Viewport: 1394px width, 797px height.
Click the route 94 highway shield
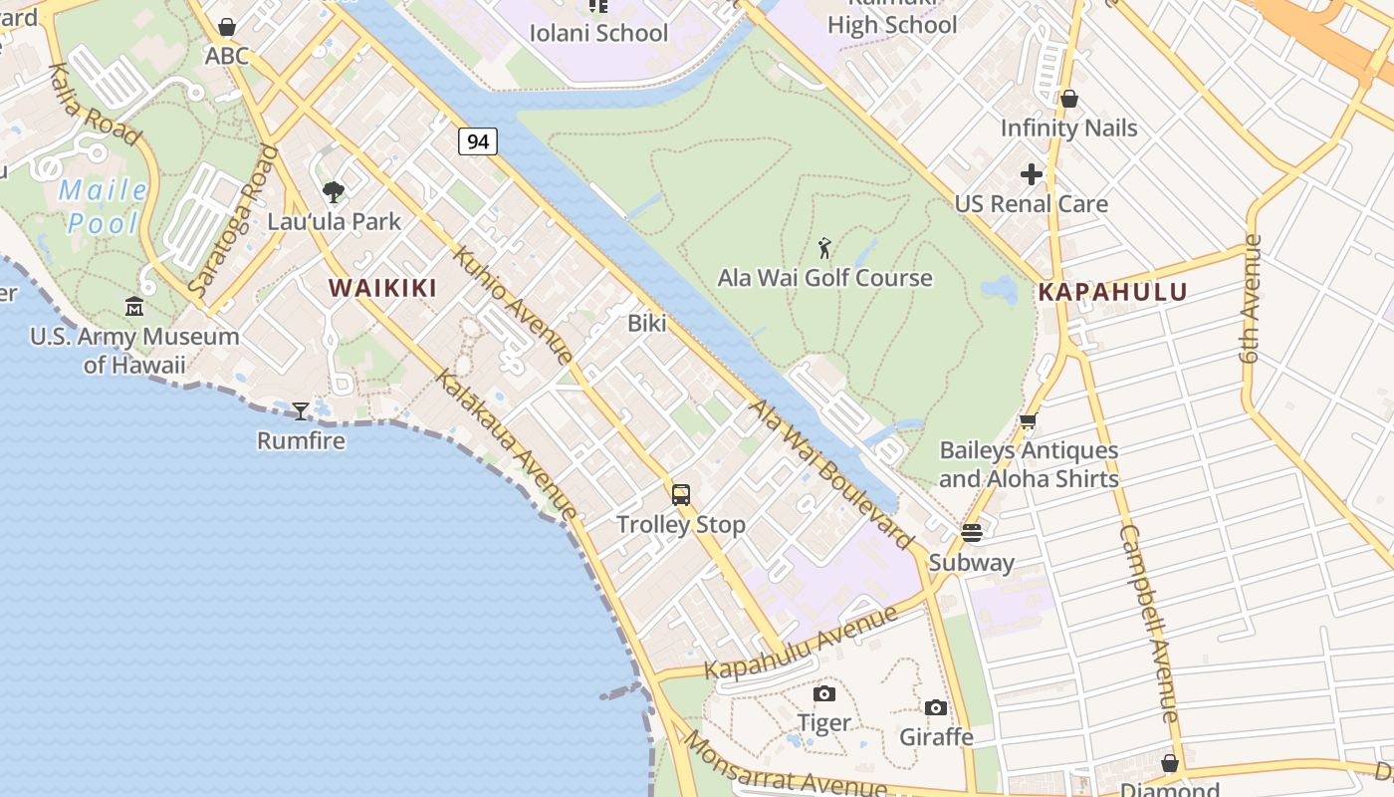coord(478,141)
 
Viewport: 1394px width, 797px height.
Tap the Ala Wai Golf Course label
coord(824,278)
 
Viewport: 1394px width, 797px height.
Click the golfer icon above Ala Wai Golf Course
coord(824,248)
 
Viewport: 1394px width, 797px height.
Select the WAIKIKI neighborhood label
coord(383,289)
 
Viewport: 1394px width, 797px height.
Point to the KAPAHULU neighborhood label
coord(1112,293)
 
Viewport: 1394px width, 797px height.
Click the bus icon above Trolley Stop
coord(681,494)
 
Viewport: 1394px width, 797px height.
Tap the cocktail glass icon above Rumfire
coord(301,410)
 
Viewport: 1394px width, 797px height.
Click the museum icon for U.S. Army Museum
coord(134,306)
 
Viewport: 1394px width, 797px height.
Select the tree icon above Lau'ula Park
coord(334,191)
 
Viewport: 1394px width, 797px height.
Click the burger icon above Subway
coord(972,532)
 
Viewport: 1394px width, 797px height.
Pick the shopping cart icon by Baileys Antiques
coord(1029,421)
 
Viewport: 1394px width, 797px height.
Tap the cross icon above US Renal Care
coord(1032,175)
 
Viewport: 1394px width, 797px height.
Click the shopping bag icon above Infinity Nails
coord(1069,99)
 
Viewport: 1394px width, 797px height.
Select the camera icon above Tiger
coord(824,693)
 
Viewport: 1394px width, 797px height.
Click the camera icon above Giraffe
coord(936,707)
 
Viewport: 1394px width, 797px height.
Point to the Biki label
coord(647,324)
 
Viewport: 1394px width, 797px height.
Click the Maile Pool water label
coord(103,206)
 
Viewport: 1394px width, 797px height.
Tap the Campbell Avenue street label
coord(1149,624)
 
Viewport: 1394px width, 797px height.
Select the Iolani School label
coord(598,33)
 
